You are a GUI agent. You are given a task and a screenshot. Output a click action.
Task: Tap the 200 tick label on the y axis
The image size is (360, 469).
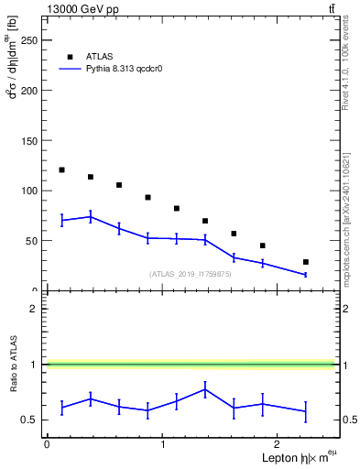(30, 91)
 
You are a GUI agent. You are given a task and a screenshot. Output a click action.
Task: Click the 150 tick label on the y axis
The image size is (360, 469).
(30, 141)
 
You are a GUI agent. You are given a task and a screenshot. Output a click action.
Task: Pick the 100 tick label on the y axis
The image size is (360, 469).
(30, 191)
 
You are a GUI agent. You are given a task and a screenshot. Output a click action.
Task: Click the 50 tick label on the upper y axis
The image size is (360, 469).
(33, 241)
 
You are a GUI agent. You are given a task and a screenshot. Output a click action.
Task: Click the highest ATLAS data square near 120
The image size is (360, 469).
(61, 169)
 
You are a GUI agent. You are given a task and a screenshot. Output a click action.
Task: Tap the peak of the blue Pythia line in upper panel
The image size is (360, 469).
(90, 216)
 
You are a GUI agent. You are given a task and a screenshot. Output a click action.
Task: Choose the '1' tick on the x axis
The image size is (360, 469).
(162, 444)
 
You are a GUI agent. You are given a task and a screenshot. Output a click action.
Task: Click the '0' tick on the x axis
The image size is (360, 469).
(47, 444)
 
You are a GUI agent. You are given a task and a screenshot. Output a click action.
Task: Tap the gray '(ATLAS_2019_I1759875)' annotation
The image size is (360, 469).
(189, 274)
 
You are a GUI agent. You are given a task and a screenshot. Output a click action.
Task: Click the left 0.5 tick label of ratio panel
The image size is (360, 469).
(30, 420)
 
